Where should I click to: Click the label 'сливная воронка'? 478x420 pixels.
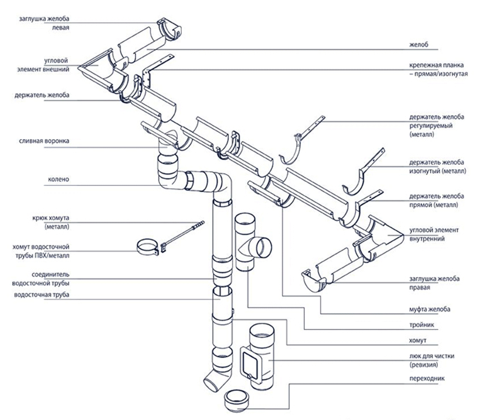click(x=44, y=141)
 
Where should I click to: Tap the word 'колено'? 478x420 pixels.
click(x=58, y=179)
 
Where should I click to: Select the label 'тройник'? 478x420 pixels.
click(x=422, y=325)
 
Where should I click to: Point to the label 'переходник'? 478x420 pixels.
click(x=427, y=378)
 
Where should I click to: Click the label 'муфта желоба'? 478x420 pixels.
click(x=430, y=309)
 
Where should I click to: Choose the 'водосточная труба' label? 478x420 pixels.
click(x=41, y=295)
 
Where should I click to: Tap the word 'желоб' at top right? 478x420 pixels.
click(x=419, y=44)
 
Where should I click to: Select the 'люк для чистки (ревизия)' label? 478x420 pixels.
click(x=432, y=360)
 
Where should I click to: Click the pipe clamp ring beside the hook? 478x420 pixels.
click(x=148, y=247)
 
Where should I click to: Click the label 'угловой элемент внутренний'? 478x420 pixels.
click(x=434, y=234)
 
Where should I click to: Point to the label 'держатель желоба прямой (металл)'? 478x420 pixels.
click(x=436, y=200)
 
